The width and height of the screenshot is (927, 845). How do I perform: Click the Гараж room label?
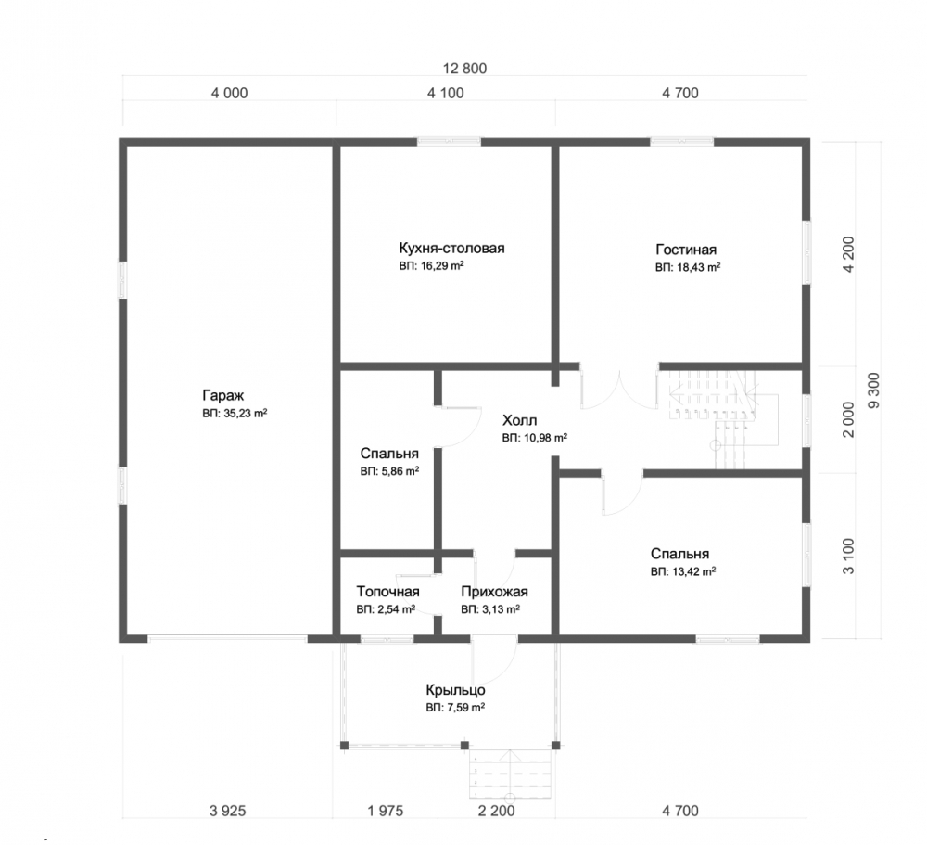[x=222, y=395]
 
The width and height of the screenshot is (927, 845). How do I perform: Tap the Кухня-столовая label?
[x=451, y=248]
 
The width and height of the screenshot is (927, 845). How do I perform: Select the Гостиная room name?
[x=686, y=250]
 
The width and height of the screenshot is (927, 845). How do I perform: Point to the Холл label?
[x=520, y=421]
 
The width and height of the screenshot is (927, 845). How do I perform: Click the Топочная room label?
[x=387, y=592]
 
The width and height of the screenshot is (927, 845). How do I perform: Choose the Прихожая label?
[x=494, y=592]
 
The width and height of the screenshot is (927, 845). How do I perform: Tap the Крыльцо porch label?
[x=456, y=690]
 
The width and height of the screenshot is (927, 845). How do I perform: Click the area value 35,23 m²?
[x=235, y=414]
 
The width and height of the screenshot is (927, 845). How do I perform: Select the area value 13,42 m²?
[x=683, y=571]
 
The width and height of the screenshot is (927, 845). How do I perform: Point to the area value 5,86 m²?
[x=389, y=471]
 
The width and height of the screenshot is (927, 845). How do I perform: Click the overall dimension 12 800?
[x=464, y=69]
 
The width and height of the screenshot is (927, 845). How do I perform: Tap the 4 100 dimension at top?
[x=446, y=93]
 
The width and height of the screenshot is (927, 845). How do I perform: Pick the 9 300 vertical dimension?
[x=874, y=390]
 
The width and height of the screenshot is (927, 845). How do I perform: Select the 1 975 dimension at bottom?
[x=386, y=811]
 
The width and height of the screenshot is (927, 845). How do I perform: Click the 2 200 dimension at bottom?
[x=497, y=811]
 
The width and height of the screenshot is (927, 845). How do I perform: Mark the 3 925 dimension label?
[x=228, y=811]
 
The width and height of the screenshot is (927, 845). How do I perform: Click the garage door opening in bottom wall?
[x=228, y=638]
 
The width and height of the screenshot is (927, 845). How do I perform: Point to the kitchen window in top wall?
[x=449, y=141]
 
